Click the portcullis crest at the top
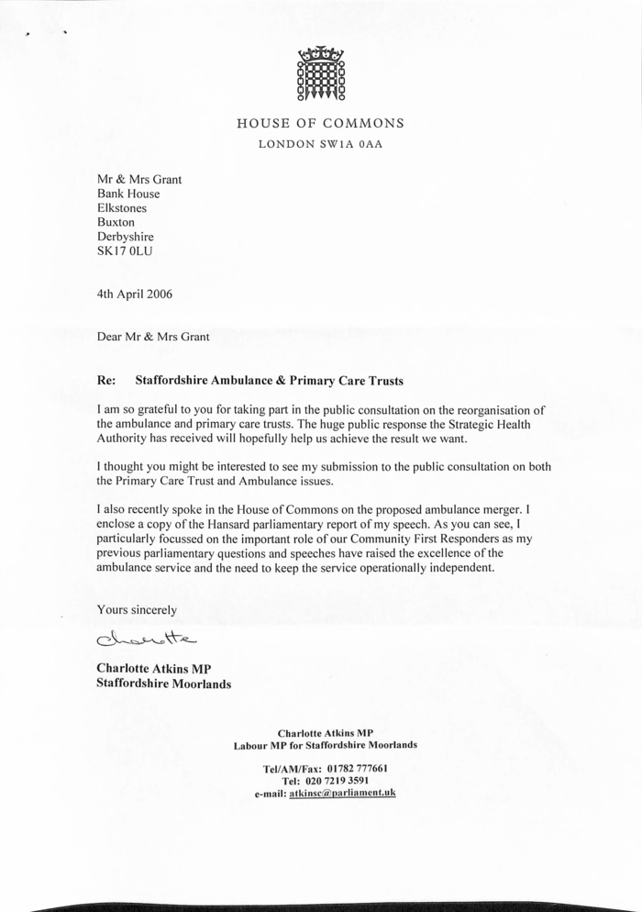tap(320, 72)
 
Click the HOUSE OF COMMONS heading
tap(320, 123)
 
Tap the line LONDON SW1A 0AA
tap(320, 144)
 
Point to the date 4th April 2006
tap(134, 295)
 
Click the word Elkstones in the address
tap(121, 208)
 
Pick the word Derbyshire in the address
tap(126, 237)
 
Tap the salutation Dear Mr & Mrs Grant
tap(153, 337)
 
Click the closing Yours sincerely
tap(138, 609)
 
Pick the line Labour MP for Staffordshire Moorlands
tap(326, 745)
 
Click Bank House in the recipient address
tap(128, 194)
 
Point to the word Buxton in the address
tap(116, 222)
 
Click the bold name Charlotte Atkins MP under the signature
tap(154, 669)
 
